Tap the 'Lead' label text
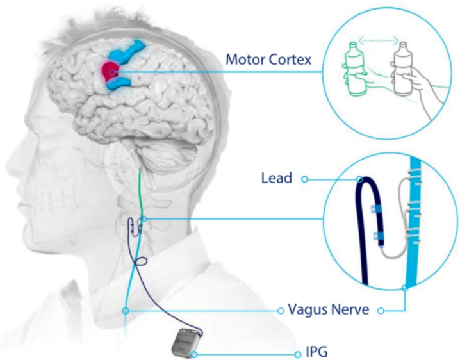(x=276, y=178)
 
